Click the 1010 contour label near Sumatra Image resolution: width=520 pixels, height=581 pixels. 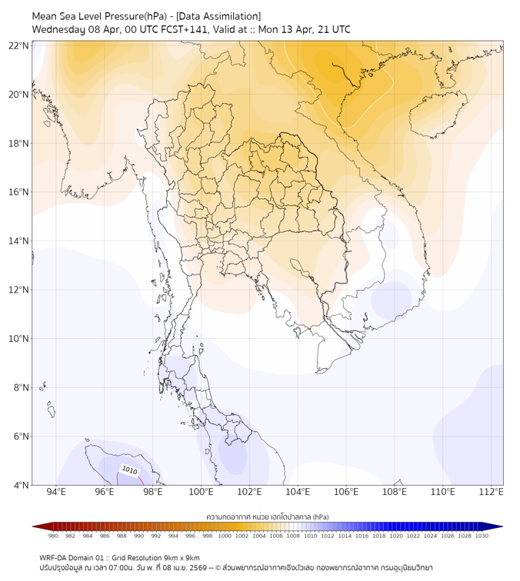coord(129,470)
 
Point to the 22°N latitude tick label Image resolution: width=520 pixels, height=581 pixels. coord(18,45)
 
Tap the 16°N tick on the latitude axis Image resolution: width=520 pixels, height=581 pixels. coord(18,192)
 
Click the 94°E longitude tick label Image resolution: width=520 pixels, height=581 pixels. coord(56,493)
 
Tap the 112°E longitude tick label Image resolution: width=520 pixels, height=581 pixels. coord(491,493)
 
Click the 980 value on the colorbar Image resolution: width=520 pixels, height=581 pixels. coord(53,536)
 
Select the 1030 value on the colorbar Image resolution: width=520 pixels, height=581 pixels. coord(482,536)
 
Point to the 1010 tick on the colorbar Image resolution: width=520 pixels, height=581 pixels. coord(310,536)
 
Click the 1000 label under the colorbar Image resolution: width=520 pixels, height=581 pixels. coord(225,536)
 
